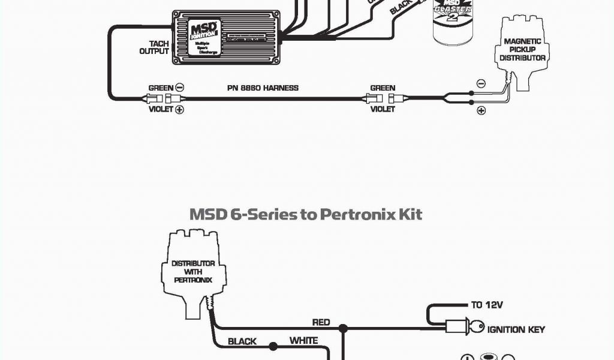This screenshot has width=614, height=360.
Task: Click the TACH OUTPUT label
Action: tap(154, 47)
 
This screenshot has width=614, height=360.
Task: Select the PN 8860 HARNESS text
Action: tap(263, 88)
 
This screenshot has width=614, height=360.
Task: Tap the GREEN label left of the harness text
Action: tap(161, 88)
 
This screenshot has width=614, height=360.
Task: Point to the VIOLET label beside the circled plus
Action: tap(160, 110)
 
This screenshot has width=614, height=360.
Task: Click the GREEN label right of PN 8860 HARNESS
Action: tap(383, 88)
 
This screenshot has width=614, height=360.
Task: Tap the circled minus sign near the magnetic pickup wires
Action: tap(480, 83)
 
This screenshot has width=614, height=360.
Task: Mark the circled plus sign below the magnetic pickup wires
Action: tap(480, 110)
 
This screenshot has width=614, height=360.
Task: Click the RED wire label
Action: tap(321, 322)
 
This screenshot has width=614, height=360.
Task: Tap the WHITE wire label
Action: tap(303, 341)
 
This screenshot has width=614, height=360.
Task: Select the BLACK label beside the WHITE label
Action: tap(242, 341)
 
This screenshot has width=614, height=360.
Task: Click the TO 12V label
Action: tap(486, 305)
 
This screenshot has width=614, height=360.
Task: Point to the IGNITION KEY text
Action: tap(516, 329)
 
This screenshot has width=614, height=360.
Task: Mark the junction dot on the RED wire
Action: tap(343, 329)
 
